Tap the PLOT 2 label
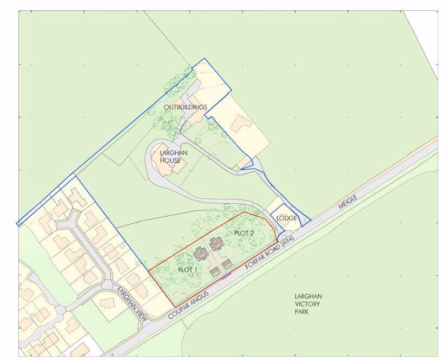click(x=243, y=232)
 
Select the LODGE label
click(x=287, y=218)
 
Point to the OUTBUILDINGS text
click(x=186, y=107)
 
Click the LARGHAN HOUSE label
click(x=174, y=157)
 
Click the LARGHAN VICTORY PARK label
click(x=308, y=304)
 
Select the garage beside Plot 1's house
click(x=215, y=272)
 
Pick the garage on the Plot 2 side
click(x=227, y=264)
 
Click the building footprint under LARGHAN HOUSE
click(x=169, y=166)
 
